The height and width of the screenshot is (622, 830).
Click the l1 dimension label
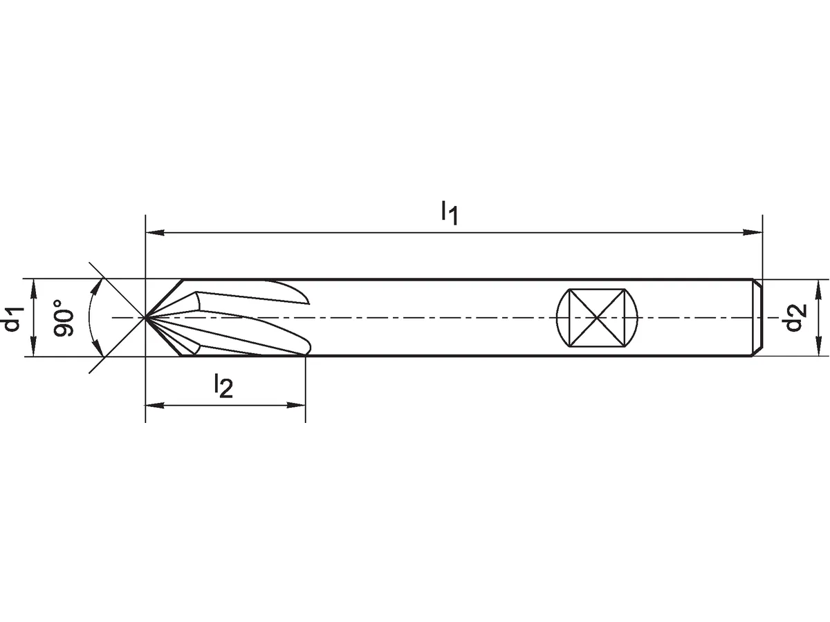pos(449,214)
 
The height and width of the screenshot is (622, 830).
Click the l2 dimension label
pos(223,385)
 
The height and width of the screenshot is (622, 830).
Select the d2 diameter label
pos(796,319)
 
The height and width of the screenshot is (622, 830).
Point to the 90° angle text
pos(64,318)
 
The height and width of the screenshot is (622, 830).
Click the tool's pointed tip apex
pos(145,318)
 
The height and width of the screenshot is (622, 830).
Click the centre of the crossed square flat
pos(597,318)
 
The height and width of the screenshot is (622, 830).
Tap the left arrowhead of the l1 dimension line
pos(155,233)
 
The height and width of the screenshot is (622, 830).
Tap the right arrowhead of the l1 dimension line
pos(753,233)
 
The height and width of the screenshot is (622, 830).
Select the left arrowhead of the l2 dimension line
pos(155,406)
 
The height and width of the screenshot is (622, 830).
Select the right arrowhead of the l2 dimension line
pos(296,406)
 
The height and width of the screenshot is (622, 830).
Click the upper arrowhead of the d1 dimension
pos(34,288)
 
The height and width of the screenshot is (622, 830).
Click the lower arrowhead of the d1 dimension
pos(34,347)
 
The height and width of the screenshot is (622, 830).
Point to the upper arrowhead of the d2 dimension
pos(819,289)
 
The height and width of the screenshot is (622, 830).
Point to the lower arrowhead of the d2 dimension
pos(819,347)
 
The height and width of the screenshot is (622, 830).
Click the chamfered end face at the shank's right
pos(757,318)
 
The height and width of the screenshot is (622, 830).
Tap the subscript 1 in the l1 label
pos(453,218)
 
